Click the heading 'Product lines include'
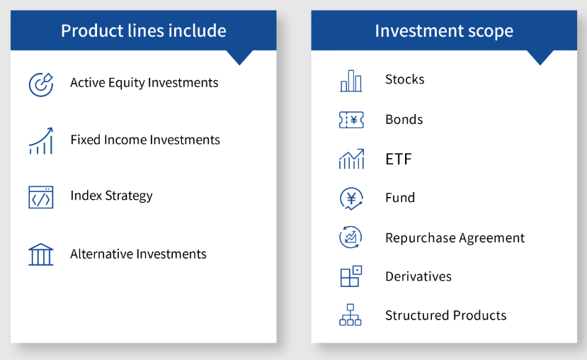point(144,30)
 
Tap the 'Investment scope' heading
point(444,30)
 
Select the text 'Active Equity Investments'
point(144,83)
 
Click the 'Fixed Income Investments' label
point(145,140)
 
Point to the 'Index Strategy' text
point(112,196)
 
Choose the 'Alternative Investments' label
point(138,254)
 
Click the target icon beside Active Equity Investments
point(41,84)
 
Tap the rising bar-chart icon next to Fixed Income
point(41,141)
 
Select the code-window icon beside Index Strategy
point(41,197)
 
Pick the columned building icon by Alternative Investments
point(41,254)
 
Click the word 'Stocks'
point(405,79)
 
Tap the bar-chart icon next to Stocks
point(351,81)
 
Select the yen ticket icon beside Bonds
point(351,120)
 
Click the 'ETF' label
point(399,159)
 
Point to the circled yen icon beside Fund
point(351,198)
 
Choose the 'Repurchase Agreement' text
point(455,238)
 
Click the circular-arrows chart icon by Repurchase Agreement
point(351,237)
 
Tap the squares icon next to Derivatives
point(351,276)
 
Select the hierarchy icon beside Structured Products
point(351,315)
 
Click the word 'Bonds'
point(404,120)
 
